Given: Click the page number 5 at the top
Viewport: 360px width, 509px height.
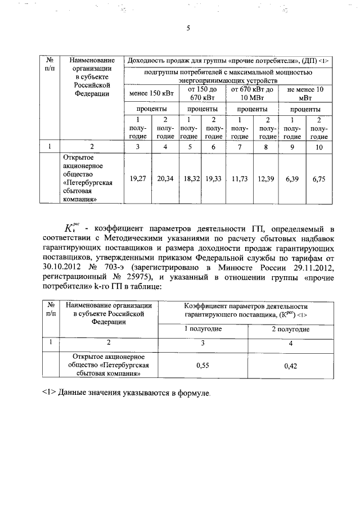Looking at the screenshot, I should point(188,31).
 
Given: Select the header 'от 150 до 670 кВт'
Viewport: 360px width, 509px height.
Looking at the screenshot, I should point(202,93).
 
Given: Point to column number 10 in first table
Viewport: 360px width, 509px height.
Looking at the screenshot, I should point(319,147).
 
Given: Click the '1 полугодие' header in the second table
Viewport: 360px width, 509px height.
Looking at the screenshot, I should point(203,328).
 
